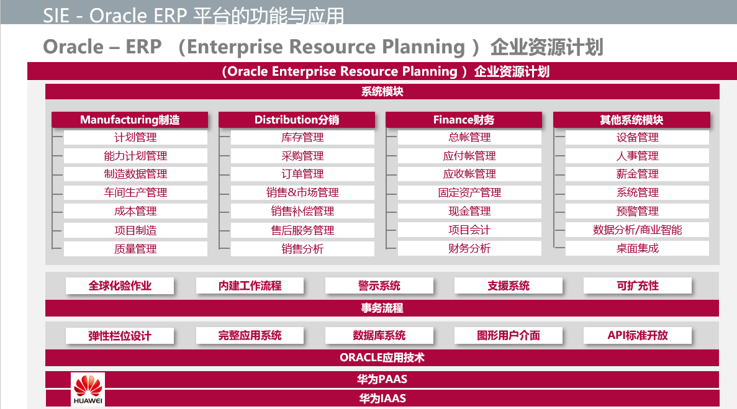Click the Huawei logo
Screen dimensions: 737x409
(88, 389)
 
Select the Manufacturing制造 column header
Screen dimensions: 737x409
(130, 120)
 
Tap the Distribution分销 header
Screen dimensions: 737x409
(297, 120)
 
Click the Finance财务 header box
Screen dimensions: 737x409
(463, 120)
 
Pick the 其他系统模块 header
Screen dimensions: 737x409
(631, 120)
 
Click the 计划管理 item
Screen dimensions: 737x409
(135, 138)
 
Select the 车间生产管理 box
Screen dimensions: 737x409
(135, 192)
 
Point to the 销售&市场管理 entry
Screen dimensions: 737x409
(302, 192)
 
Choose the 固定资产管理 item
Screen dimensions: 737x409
(469, 192)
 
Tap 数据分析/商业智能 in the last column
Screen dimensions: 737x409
(637, 230)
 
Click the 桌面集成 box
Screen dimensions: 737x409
(637, 248)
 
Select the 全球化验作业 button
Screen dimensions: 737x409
(120, 285)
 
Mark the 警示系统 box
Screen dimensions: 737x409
(379, 285)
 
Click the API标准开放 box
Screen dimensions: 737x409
(638, 335)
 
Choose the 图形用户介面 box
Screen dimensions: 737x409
(508, 335)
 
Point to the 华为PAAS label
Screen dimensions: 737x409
(382, 379)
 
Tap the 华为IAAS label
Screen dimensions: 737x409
(382, 398)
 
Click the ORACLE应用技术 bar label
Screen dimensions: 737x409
(382, 358)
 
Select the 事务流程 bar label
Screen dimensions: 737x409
(382, 308)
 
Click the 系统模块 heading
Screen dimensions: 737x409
(382, 92)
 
